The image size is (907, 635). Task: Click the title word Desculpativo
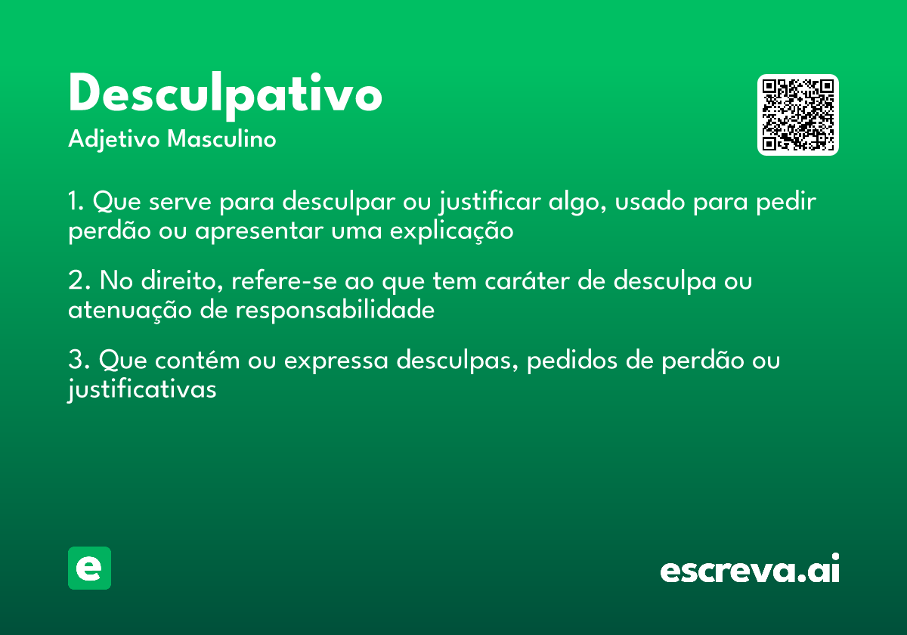(224, 95)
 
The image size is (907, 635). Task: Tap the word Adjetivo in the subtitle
(114, 140)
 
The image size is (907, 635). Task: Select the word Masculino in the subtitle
(221, 140)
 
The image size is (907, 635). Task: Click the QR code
(798, 115)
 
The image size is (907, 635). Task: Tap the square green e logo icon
(89, 568)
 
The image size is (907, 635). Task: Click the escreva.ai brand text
(750, 570)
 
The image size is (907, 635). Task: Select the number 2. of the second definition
(79, 281)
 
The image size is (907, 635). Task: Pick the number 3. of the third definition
(79, 361)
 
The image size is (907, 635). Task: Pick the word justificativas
(142, 390)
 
